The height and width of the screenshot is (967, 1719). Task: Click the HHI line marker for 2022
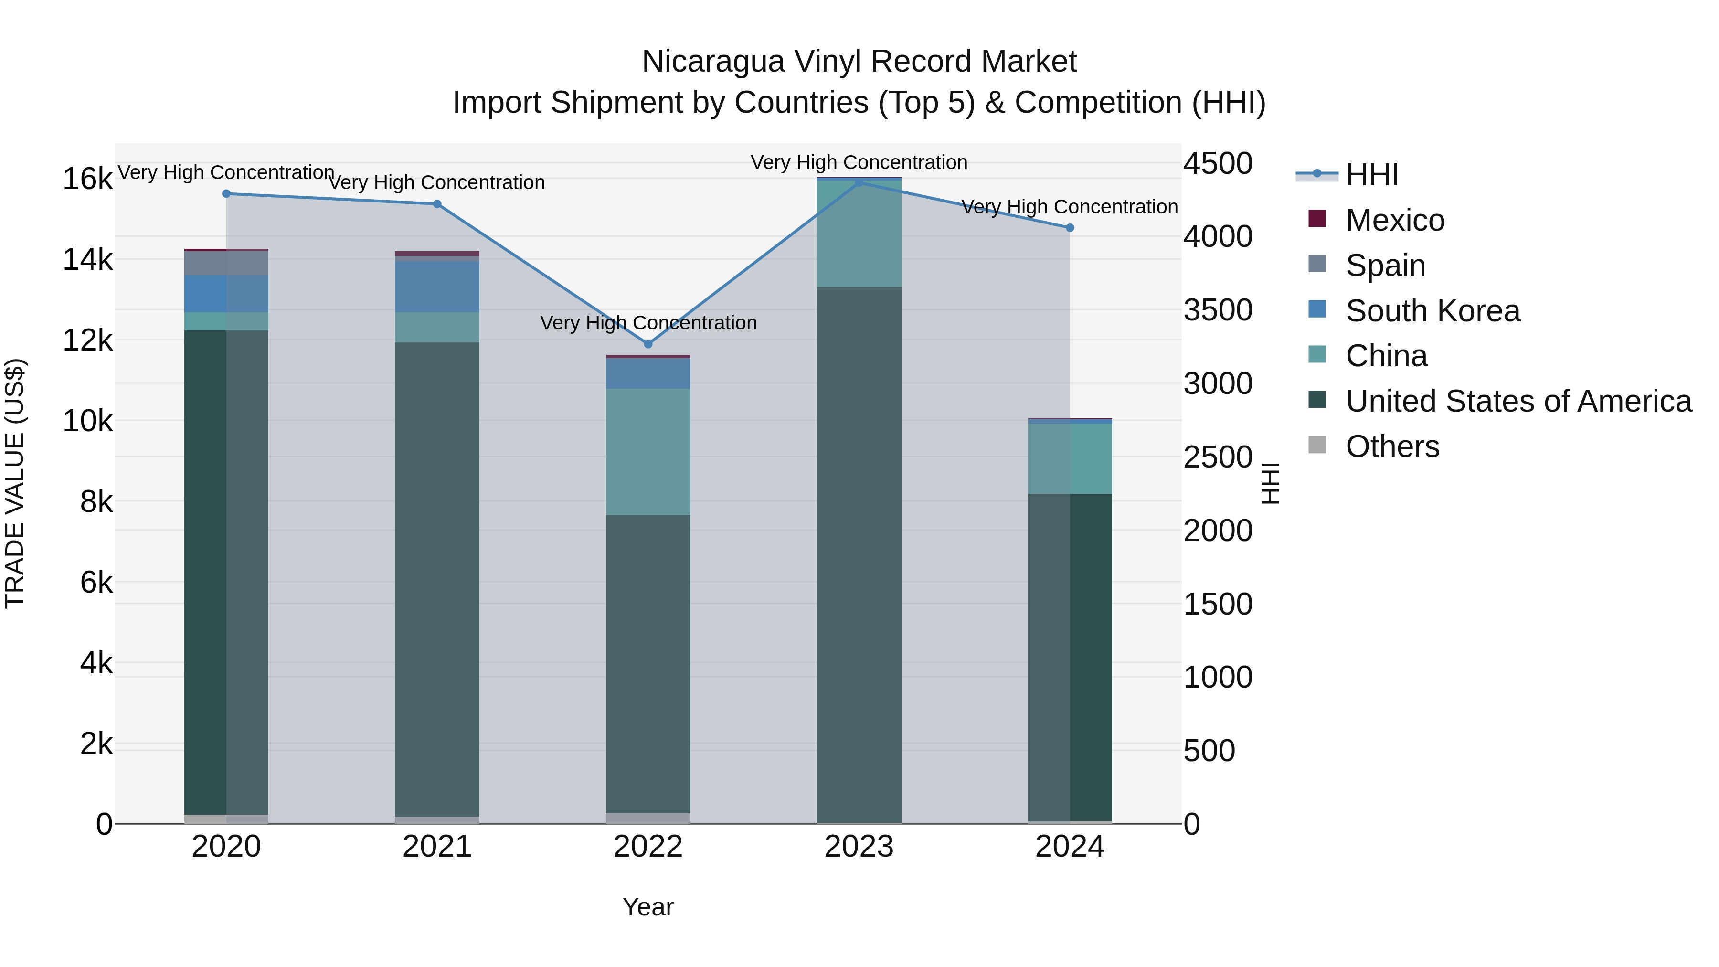[647, 344]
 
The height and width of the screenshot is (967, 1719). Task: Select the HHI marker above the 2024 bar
[1070, 228]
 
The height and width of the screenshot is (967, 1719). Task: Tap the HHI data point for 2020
[226, 193]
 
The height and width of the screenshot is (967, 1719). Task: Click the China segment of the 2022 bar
[647, 451]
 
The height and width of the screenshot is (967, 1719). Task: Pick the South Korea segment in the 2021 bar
[436, 286]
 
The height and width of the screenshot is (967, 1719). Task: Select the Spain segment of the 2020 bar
[226, 263]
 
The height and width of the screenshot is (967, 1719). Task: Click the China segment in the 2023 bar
[859, 234]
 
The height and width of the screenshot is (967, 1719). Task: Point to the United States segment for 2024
[1070, 658]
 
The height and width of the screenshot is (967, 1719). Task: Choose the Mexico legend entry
[1395, 220]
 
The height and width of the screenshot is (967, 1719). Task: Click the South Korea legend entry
[1432, 311]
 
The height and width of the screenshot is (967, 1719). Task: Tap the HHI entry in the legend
[1371, 175]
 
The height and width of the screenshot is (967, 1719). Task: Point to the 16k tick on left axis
[87, 179]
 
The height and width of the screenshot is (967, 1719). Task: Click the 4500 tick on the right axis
[1218, 163]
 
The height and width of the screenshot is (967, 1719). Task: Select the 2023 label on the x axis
[859, 847]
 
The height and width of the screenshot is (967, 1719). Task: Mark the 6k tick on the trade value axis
[96, 583]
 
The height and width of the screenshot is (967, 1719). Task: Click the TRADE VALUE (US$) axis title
[15, 483]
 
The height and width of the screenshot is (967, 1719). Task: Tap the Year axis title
[647, 907]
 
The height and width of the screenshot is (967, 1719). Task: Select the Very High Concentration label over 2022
[647, 323]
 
